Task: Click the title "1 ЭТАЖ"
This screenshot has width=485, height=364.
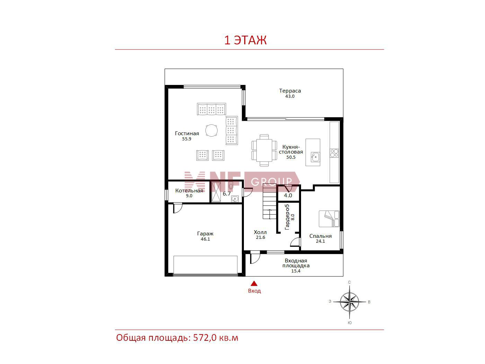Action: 245,40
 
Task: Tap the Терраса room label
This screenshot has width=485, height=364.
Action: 290,90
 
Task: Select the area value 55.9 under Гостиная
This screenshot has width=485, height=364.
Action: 186,139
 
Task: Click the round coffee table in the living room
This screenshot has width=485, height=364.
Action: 211,130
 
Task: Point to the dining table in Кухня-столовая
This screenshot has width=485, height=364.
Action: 264,150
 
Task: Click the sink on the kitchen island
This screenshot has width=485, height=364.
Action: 315,157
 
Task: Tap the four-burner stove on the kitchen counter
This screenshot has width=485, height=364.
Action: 334,153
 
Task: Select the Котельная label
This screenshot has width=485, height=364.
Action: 189,191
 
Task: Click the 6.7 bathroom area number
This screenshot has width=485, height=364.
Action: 227,194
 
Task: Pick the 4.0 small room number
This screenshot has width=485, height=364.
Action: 288,196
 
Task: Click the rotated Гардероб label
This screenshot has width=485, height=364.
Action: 287,217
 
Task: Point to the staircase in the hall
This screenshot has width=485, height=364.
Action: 269,202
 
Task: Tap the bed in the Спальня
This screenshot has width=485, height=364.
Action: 329,219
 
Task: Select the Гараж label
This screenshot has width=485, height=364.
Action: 205,234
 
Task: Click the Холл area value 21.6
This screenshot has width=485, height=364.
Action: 260,237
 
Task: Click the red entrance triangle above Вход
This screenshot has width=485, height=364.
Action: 254,283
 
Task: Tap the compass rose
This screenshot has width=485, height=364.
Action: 349,302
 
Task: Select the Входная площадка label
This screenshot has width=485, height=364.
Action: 296,263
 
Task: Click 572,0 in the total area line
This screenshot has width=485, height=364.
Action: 205,338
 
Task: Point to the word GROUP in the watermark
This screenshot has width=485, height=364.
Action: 271,182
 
